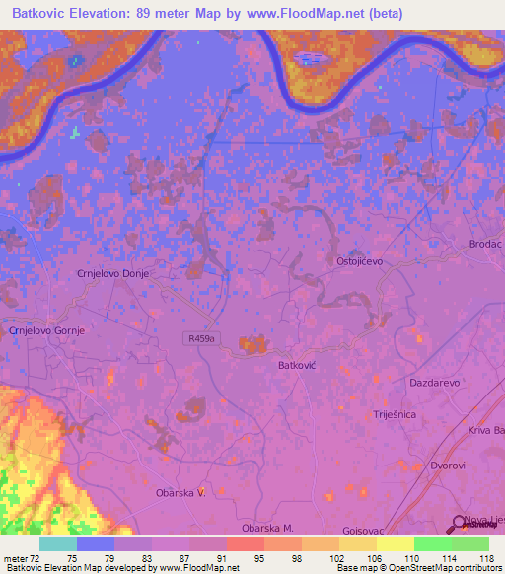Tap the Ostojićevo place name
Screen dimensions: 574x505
coord(359,261)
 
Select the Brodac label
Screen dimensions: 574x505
coord(485,243)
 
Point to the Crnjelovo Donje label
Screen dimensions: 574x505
coord(112,275)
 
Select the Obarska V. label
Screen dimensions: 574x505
coord(180,492)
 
